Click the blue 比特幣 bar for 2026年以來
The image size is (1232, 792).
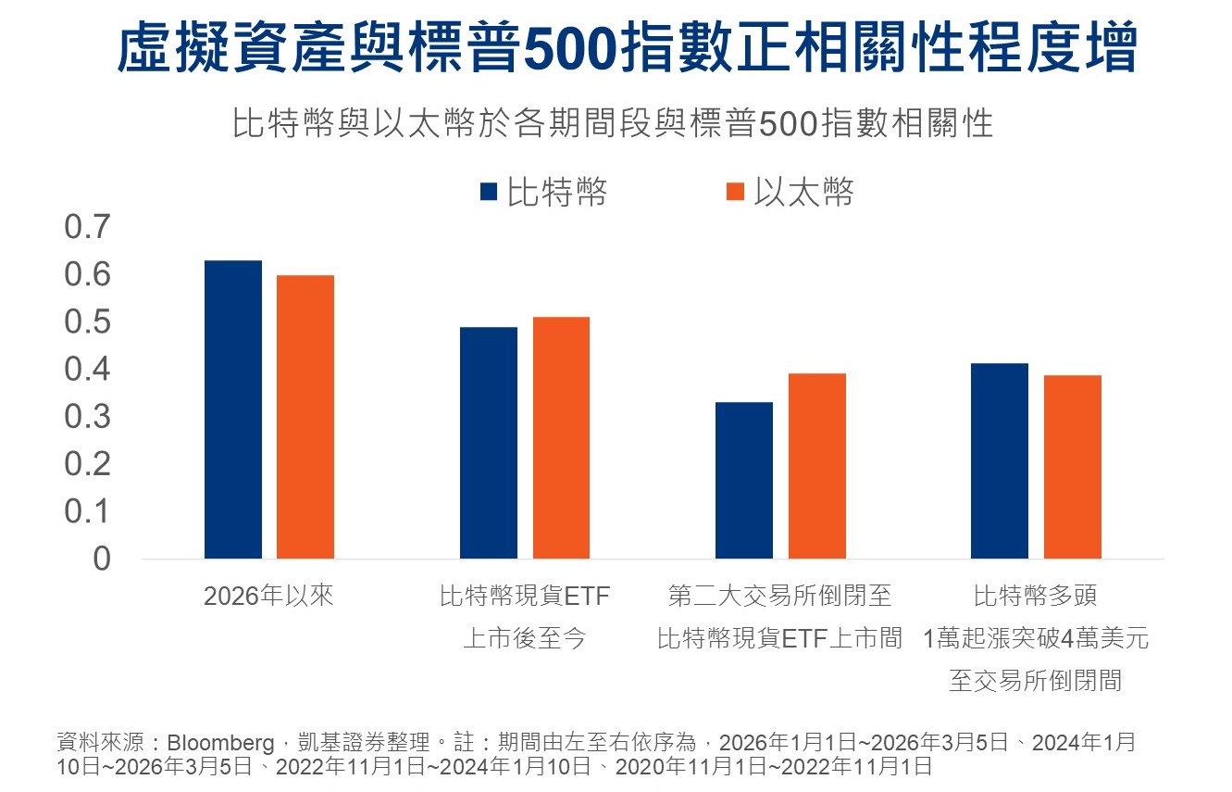(x=233, y=409)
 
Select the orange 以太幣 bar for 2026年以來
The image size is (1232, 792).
(x=305, y=417)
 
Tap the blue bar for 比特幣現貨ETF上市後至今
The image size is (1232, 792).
(x=489, y=443)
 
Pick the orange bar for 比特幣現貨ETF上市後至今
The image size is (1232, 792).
(x=561, y=437)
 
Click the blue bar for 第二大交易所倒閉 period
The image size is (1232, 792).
(x=745, y=480)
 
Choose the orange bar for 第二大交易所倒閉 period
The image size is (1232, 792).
(x=817, y=465)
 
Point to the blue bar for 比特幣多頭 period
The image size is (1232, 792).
(x=1000, y=460)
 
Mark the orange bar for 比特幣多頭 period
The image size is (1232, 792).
(x=1073, y=466)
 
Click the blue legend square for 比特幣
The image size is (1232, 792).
(x=490, y=192)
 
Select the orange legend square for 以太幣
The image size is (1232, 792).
(x=736, y=192)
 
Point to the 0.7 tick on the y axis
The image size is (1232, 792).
(x=87, y=228)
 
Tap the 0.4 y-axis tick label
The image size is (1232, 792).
(x=87, y=370)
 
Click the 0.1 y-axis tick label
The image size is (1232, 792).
(x=87, y=511)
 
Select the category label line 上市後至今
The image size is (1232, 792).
(x=525, y=638)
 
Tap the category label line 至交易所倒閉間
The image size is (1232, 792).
(x=1035, y=681)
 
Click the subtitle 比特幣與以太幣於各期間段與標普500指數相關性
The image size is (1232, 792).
(x=613, y=123)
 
